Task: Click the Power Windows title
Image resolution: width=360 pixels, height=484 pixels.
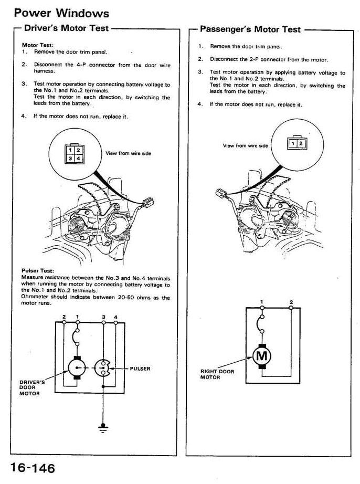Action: (62, 13)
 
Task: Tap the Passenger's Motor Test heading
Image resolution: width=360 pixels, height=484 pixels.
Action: (251, 29)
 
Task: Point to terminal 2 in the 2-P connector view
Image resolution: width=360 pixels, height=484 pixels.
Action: (301, 143)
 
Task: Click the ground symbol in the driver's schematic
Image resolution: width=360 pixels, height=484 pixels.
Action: (103, 426)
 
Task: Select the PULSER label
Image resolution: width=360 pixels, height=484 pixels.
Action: (140, 369)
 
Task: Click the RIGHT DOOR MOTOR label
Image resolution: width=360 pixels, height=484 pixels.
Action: (217, 374)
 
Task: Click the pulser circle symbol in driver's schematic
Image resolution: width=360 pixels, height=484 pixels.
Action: (103, 369)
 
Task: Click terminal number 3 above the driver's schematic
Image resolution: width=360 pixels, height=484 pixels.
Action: (103, 317)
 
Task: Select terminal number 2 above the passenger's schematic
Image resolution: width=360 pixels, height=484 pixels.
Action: (291, 302)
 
